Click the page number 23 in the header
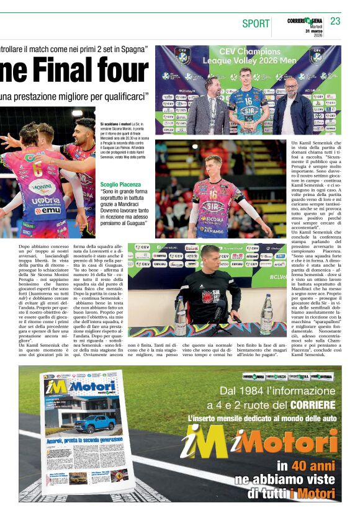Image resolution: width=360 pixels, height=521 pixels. pos(335,21)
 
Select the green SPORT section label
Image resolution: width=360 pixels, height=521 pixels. pos(256,24)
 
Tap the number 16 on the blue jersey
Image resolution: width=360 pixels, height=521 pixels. pos(248,99)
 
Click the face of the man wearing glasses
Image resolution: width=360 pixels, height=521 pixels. pos(290,87)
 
